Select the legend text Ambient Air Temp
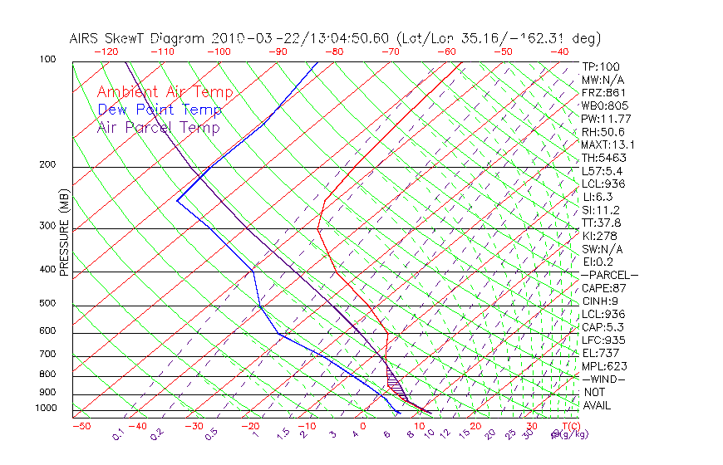165,92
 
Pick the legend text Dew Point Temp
160,110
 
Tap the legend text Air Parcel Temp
159,127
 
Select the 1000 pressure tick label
47,409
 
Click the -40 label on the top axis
559,51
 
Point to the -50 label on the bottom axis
81,426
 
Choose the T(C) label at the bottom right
570,426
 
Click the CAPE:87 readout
603,288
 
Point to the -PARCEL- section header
610,275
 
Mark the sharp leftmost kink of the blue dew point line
177,200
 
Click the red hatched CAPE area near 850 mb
396,383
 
